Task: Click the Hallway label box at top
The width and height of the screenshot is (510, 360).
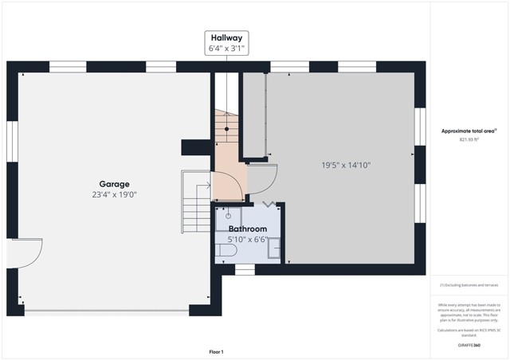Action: [226, 43]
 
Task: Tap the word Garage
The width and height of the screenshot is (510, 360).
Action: [114, 184]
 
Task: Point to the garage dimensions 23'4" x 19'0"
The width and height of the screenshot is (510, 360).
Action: [114, 195]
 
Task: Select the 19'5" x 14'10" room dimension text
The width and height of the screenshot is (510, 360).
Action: [346, 166]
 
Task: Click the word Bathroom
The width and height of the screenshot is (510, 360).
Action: [247, 229]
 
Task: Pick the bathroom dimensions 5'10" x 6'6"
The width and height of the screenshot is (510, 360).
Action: [247, 239]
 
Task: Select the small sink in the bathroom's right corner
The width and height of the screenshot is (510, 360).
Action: [273, 248]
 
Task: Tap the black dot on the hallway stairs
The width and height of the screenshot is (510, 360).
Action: [227, 128]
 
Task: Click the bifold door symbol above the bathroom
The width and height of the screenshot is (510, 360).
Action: [272, 204]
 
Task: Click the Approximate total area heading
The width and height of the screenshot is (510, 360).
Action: [469, 131]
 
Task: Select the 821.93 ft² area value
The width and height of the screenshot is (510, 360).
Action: [469, 139]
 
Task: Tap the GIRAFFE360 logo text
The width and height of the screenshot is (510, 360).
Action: [469, 345]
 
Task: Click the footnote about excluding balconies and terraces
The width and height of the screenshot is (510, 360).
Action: [469, 285]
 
